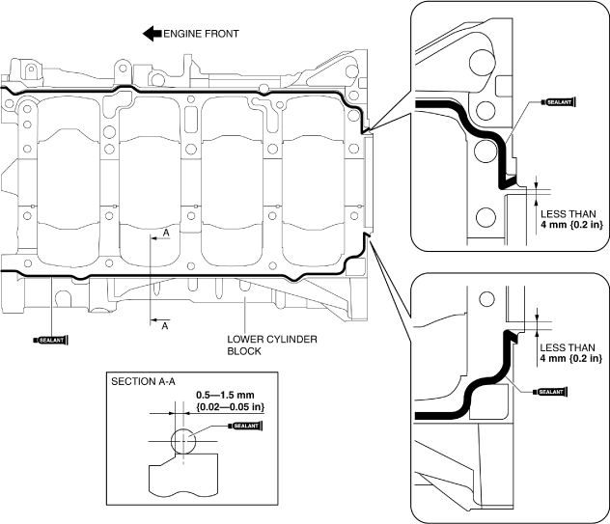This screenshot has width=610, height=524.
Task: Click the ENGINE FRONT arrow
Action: pyautogui.click(x=152, y=34)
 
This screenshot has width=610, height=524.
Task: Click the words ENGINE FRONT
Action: pyautogui.click(x=201, y=34)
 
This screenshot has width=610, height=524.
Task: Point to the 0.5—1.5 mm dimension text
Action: pyautogui.click(x=226, y=396)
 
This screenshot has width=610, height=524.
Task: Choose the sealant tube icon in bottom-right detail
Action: pyautogui.click(x=549, y=392)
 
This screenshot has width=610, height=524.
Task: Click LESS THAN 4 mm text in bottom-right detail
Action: pyautogui.click(x=568, y=352)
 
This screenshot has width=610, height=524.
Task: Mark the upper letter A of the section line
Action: pyautogui.click(x=165, y=234)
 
